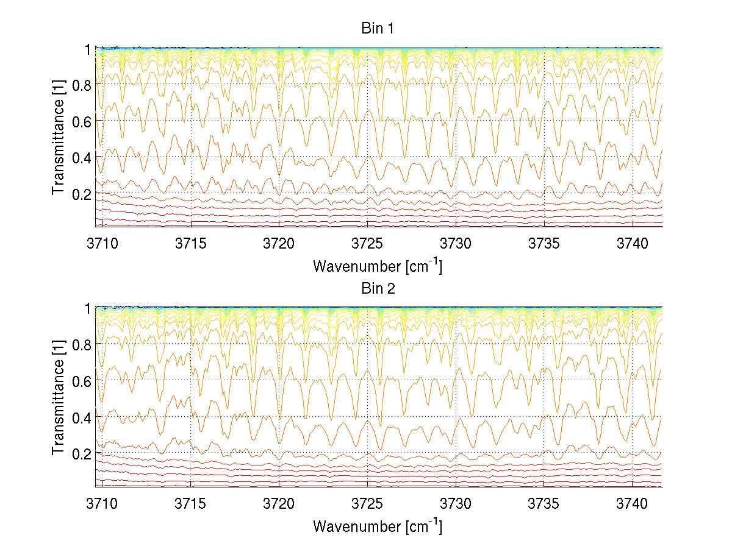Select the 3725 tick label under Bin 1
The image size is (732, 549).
[367, 243]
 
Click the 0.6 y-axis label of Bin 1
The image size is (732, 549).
[81, 121]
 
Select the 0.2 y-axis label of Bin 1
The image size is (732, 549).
[81, 193]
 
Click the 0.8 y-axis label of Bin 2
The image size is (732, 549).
[81, 345]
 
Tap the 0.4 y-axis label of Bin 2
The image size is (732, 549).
[81, 417]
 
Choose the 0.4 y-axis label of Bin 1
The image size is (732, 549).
[81, 157]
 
